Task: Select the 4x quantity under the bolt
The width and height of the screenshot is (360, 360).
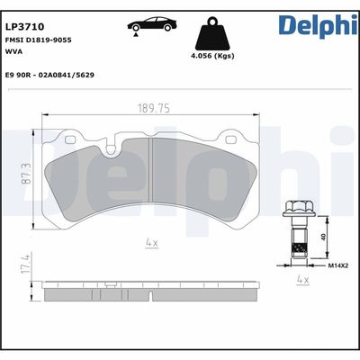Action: click(302, 281)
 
